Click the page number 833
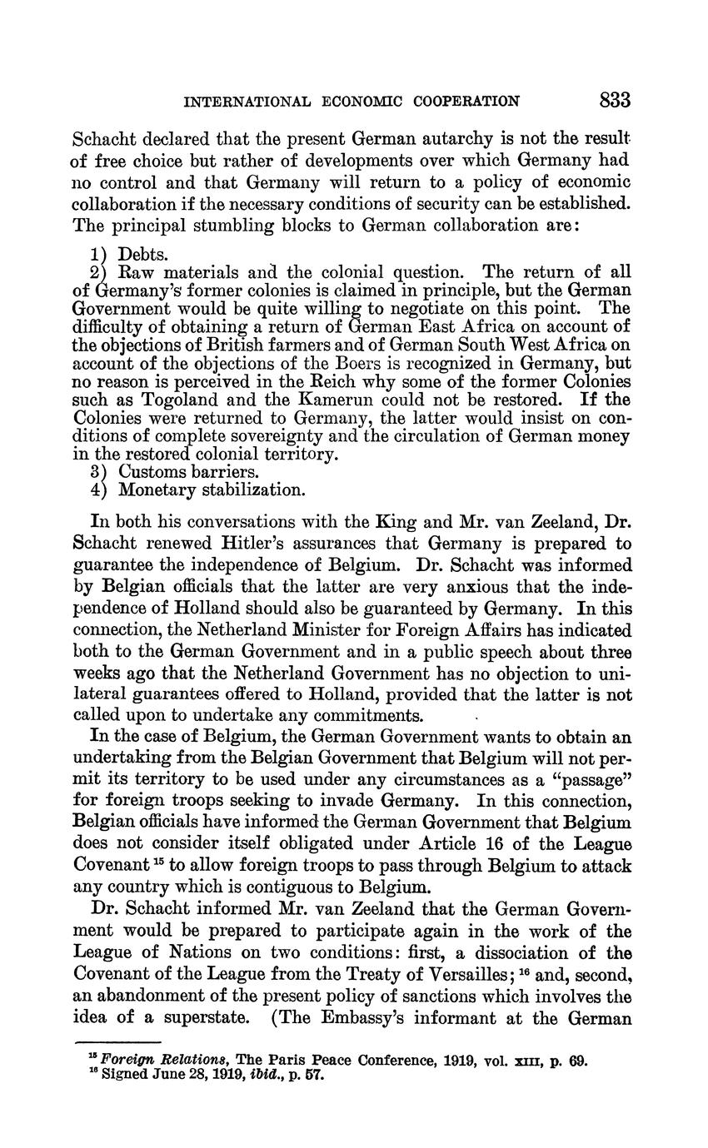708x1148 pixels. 614,101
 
